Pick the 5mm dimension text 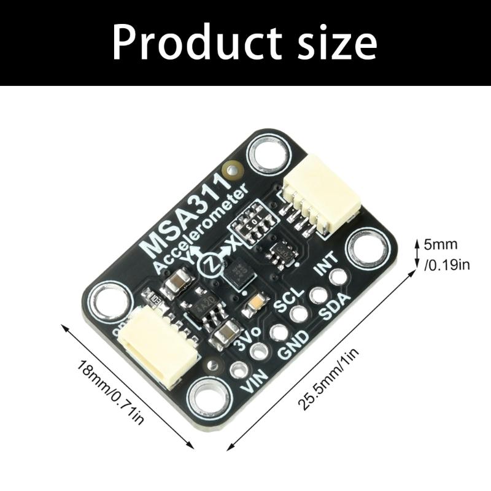coord(441,244)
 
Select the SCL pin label coord(289,300)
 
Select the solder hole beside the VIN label coord(238,370)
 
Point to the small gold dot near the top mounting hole coord(232,168)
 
